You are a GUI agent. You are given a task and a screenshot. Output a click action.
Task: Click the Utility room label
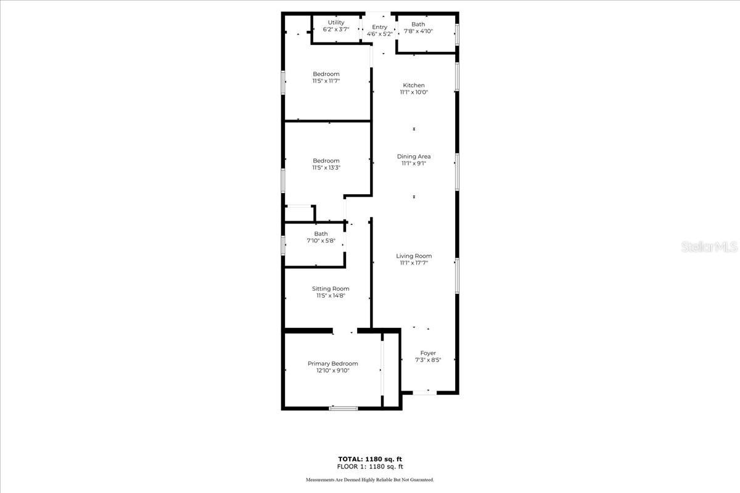[x=336, y=22]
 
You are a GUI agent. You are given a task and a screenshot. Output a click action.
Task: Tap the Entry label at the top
[x=379, y=27]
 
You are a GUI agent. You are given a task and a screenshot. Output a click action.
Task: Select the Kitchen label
[x=414, y=85]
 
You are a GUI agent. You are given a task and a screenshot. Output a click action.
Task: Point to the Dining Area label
[x=414, y=157]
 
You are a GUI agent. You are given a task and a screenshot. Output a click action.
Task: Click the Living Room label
[x=414, y=256]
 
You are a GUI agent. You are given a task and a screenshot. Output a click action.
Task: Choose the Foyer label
[x=428, y=353]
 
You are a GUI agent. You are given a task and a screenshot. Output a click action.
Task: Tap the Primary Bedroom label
[x=332, y=364]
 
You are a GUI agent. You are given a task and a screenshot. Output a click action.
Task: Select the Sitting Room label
[x=331, y=288]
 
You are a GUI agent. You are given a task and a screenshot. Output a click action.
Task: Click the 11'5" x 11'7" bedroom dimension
[x=326, y=81]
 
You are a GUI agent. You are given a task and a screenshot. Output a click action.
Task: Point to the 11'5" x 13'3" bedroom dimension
[x=326, y=168]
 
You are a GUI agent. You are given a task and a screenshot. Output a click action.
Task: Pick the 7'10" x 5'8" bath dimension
[x=321, y=241]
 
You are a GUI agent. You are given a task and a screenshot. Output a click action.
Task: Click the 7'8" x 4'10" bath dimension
[x=418, y=31]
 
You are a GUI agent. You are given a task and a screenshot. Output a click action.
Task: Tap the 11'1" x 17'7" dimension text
[x=414, y=263]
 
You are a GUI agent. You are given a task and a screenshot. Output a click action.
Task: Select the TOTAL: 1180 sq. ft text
[x=370, y=459]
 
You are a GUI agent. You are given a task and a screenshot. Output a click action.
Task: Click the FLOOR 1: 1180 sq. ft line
[x=370, y=467]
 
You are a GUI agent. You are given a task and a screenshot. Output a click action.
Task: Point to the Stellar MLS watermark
[x=709, y=247]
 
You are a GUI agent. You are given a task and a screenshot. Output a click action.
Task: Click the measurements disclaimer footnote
[x=370, y=479]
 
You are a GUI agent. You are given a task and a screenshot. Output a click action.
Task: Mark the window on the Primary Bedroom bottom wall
[x=343, y=407]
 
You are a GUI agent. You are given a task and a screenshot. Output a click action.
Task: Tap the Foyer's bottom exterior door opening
[x=424, y=392]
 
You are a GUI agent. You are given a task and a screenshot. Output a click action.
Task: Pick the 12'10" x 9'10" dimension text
[x=332, y=371]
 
